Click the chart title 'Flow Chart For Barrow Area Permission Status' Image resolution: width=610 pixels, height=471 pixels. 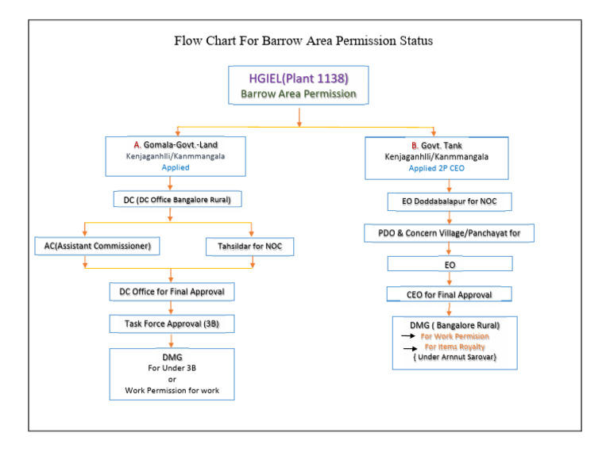(x=303, y=40)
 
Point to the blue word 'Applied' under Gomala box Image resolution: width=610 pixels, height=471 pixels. (x=176, y=168)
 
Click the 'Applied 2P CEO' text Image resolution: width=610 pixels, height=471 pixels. (x=436, y=169)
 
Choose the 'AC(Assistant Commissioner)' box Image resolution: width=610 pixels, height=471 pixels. (x=98, y=247)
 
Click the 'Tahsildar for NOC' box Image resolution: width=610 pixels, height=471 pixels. (x=249, y=247)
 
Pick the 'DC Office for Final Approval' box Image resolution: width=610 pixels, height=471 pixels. (x=172, y=292)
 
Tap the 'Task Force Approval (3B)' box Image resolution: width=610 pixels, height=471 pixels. (x=172, y=324)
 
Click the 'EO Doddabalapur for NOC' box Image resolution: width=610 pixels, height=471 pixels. (x=450, y=202)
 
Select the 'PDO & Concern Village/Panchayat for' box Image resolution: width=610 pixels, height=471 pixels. (x=450, y=233)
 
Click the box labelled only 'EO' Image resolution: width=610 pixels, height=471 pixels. (x=450, y=263)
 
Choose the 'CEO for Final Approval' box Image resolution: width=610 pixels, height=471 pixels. (x=450, y=294)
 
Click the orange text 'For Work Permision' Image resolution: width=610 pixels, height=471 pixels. (x=455, y=336)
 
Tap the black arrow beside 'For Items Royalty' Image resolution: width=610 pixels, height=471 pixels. (x=411, y=347)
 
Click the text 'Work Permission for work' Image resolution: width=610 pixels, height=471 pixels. (x=172, y=390)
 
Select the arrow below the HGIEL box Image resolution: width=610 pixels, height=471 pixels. (x=299, y=117)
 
